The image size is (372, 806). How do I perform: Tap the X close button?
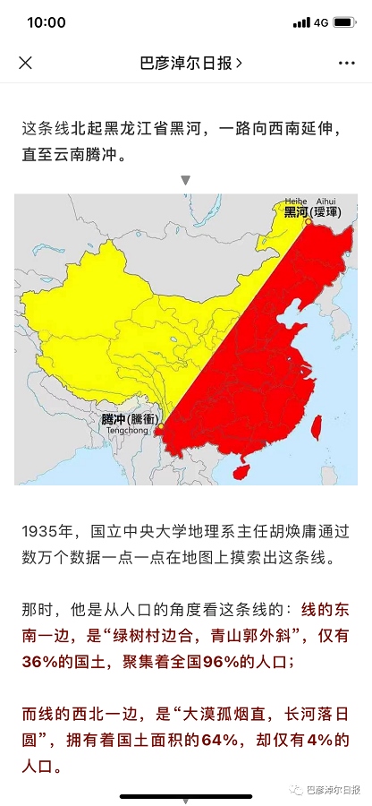click(26, 63)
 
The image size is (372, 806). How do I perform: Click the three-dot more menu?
click(347, 63)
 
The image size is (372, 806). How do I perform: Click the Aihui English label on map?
click(334, 202)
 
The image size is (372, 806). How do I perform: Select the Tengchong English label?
click(121, 430)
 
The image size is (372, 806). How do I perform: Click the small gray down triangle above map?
click(186, 180)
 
